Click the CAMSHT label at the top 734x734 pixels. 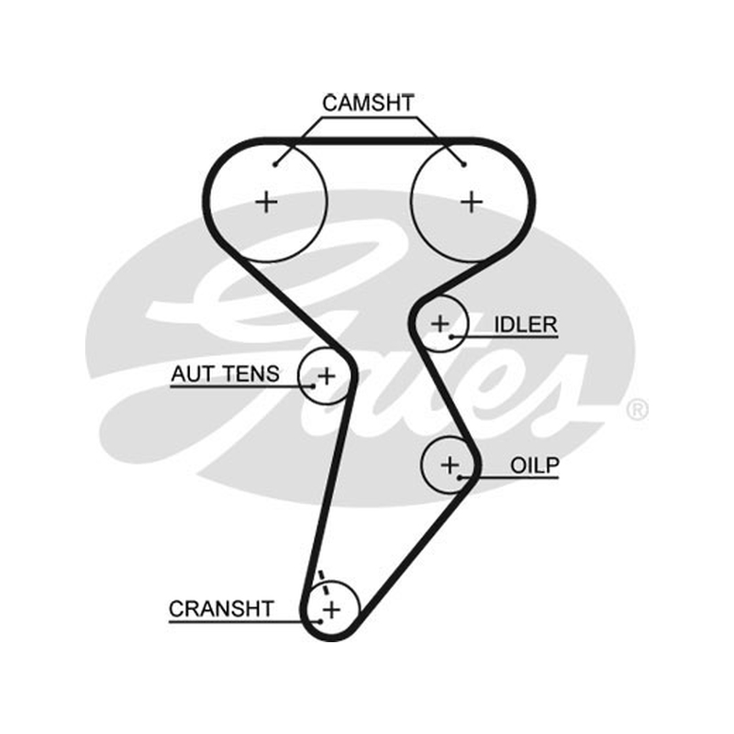pyautogui.click(x=368, y=104)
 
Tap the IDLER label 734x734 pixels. pyautogui.click(x=526, y=325)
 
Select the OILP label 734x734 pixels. pyautogui.click(x=535, y=466)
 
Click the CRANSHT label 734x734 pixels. pyautogui.click(x=221, y=609)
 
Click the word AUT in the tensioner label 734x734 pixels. pyautogui.click(x=193, y=374)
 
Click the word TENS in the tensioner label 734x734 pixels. pyautogui.click(x=250, y=374)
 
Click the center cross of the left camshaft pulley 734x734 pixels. pyautogui.click(x=266, y=203)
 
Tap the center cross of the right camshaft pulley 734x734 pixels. pyautogui.click(x=472, y=203)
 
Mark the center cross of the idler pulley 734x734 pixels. pyautogui.click(x=439, y=324)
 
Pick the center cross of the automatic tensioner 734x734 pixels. pyautogui.click(x=327, y=376)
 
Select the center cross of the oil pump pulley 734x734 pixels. pyautogui.click(x=450, y=465)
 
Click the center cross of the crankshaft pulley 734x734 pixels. pyautogui.click(x=331, y=610)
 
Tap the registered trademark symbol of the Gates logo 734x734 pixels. pyautogui.click(x=637, y=410)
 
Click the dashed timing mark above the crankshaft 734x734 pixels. pyautogui.click(x=323, y=582)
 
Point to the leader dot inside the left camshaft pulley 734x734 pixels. pyautogui.click(x=275, y=164)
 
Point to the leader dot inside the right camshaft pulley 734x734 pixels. pyautogui.click(x=463, y=164)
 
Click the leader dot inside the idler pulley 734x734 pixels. pyautogui.click(x=451, y=337)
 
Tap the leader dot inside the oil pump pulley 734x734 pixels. pyautogui.click(x=460, y=477)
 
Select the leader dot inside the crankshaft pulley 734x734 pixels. pyautogui.click(x=319, y=622)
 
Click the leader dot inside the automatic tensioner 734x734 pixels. pyautogui.click(x=313, y=386)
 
